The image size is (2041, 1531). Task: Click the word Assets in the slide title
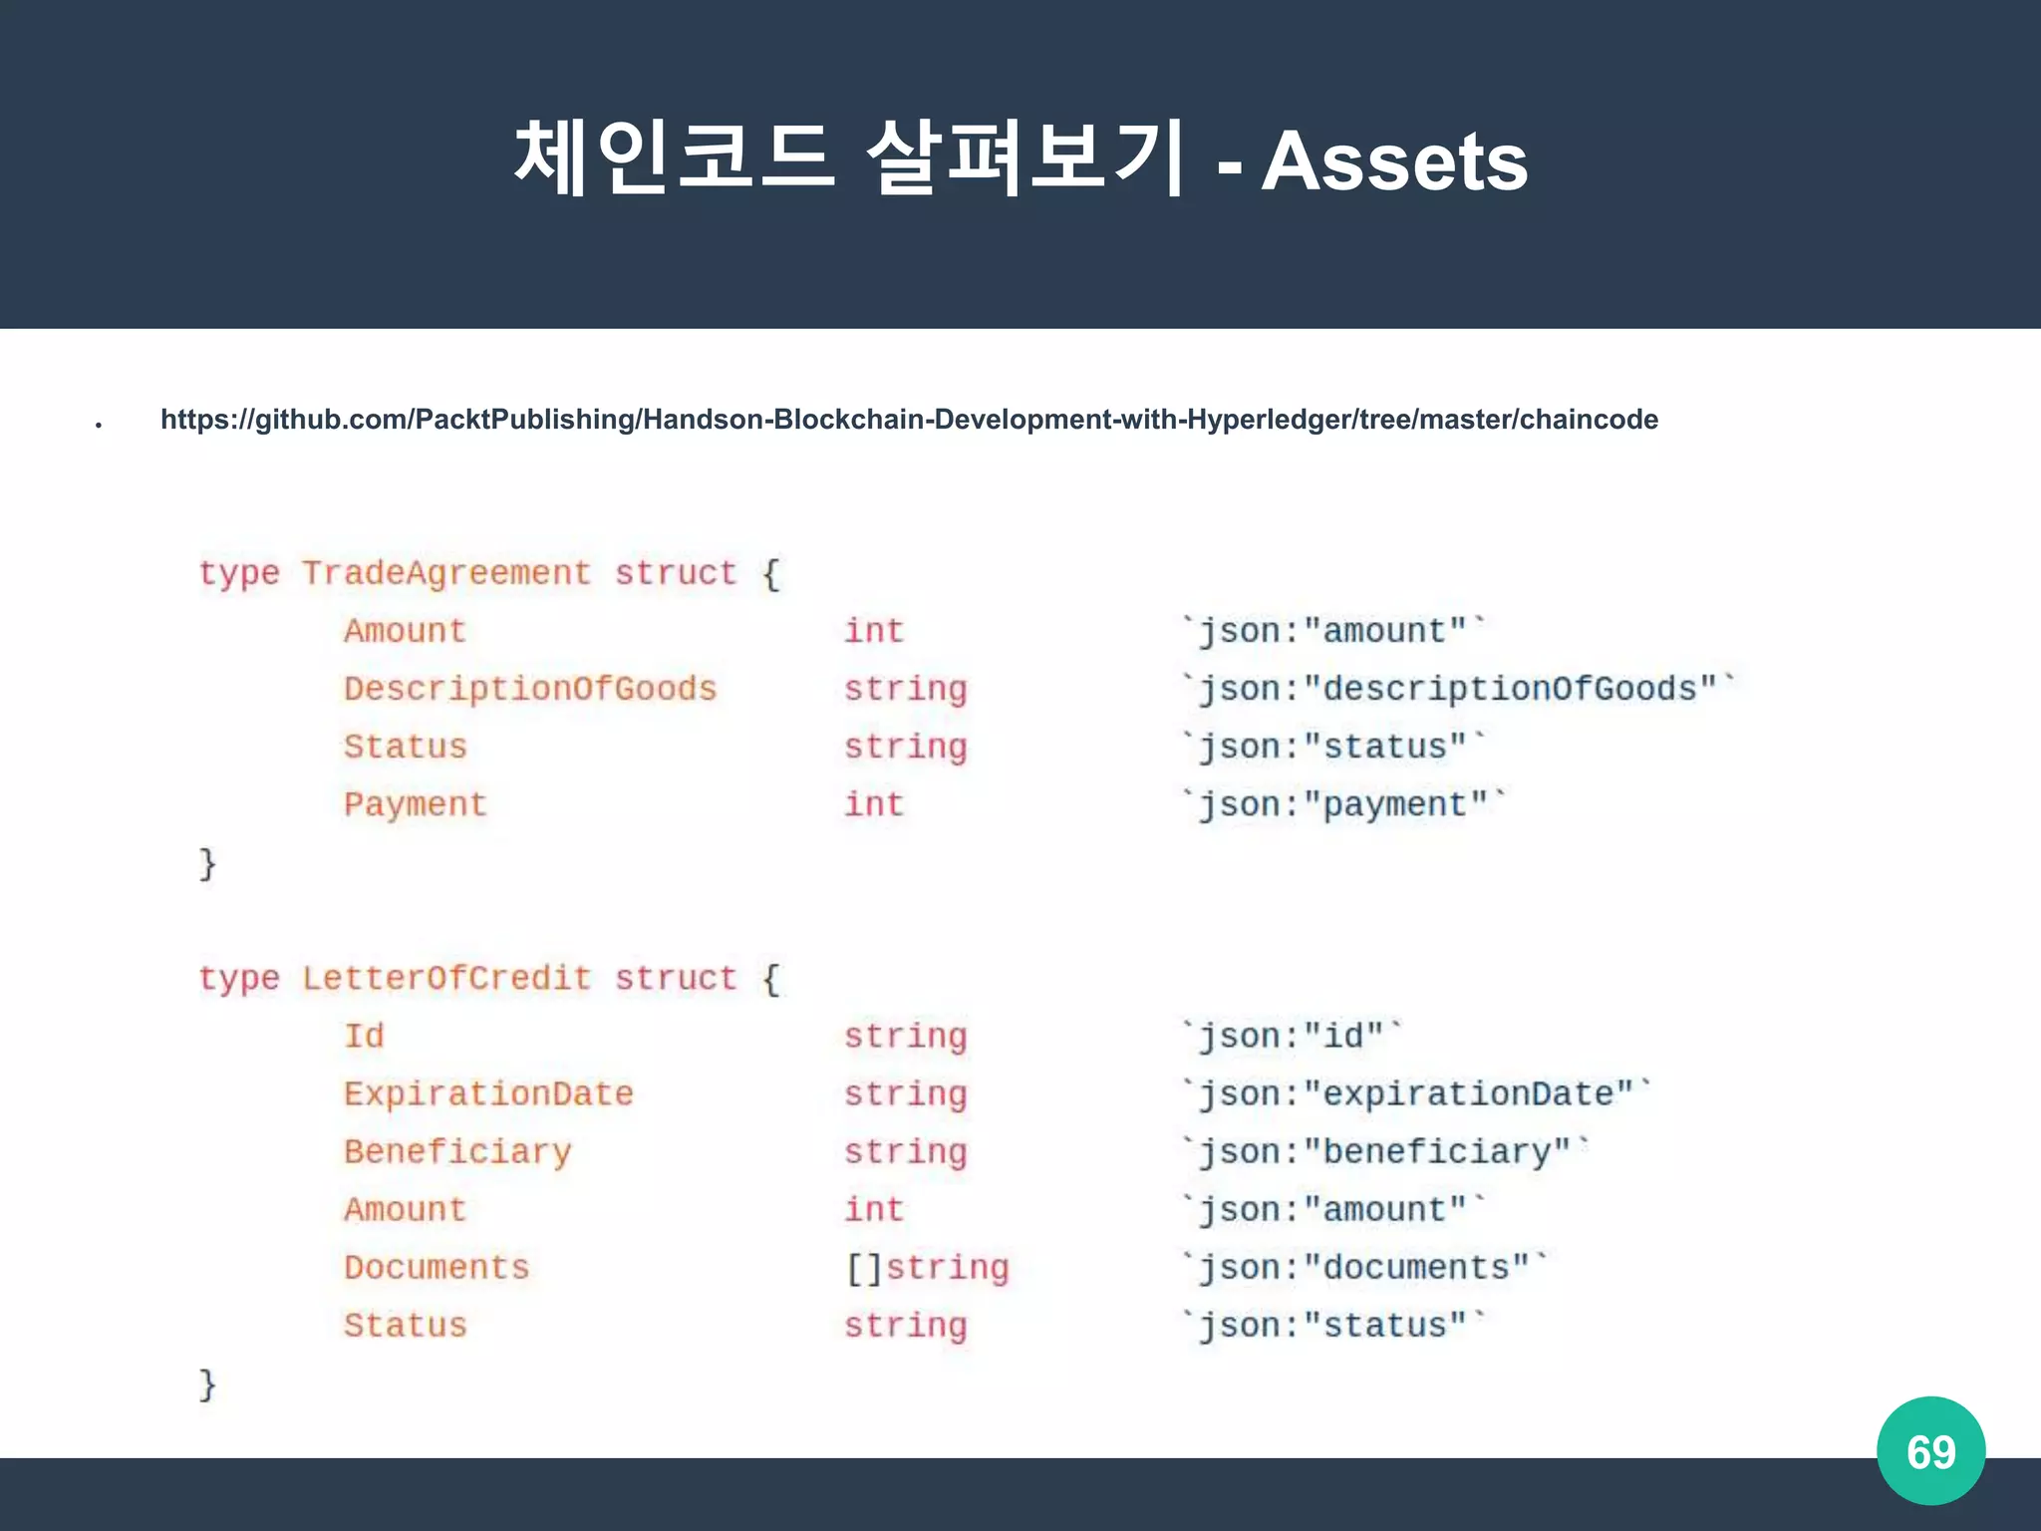[1394, 162]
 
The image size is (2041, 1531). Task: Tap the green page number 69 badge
[1930, 1451]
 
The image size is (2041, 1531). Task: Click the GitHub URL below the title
[909, 420]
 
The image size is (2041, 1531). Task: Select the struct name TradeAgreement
[446, 573]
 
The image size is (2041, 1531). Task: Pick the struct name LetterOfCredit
[446, 978]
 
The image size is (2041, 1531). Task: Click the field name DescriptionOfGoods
[530, 689]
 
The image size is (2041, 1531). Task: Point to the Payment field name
[416, 804]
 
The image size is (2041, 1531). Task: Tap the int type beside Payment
[874, 804]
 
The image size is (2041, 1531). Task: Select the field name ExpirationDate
[488, 1093]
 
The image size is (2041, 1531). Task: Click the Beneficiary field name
[457, 1151]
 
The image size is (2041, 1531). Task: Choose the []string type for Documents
[927, 1267]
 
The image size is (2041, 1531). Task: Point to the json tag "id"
[1292, 1036]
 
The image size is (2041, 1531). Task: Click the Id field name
[364, 1036]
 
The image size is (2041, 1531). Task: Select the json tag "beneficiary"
[1385, 1151]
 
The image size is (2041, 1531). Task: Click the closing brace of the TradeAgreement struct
[207, 863]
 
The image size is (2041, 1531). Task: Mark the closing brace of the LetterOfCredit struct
[207, 1383]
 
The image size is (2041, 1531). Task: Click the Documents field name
[437, 1267]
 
